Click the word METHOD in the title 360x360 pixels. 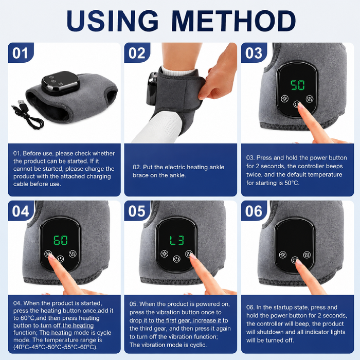pyautogui.click(x=233, y=21)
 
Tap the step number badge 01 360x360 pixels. pyautogui.click(x=21, y=52)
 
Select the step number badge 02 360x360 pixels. pyautogui.click(x=137, y=52)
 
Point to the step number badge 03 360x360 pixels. pyautogui.click(x=254, y=52)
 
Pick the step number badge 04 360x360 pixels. pyautogui.click(x=21, y=211)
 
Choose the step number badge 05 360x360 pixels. pyautogui.click(x=137, y=211)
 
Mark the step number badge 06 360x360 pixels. pyautogui.click(x=254, y=211)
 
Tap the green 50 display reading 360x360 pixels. pyautogui.click(x=298, y=85)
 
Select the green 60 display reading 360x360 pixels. pyautogui.click(x=61, y=240)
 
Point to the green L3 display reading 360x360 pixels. pyautogui.click(x=177, y=240)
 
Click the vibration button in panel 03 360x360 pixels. pyautogui.click(x=310, y=99)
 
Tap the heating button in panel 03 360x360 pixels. pyautogui.click(x=285, y=99)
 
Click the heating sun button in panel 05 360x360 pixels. pyautogui.click(x=165, y=254)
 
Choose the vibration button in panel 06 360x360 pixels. pyautogui.click(x=307, y=255)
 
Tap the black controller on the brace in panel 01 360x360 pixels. pyautogui.click(x=61, y=83)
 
